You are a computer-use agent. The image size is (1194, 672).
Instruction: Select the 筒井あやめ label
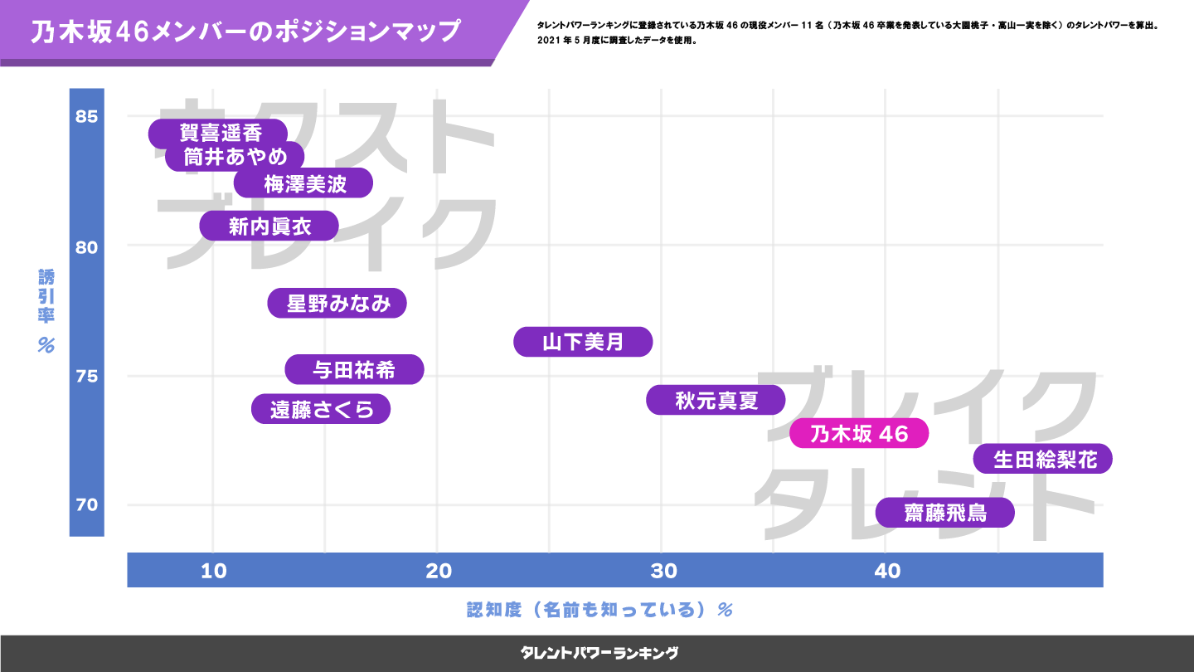(x=235, y=156)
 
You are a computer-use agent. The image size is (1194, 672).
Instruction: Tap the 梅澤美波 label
(x=303, y=183)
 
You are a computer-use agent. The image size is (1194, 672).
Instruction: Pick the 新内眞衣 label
(x=269, y=226)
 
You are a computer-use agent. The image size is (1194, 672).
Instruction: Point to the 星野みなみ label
(x=337, y=304)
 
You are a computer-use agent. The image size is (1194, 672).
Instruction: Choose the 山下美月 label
(x=583, y=342)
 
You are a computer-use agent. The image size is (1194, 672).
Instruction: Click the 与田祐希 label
(x=354, y=370)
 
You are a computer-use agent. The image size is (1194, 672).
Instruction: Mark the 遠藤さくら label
(x=321, y=409)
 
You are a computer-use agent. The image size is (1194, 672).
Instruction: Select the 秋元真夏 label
(x=716, y=401)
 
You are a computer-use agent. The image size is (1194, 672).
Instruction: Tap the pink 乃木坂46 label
(x=858, y=433)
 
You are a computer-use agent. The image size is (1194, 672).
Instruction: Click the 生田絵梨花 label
(x=1042, y=459)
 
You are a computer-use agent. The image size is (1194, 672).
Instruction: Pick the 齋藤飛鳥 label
(x=944, y=513)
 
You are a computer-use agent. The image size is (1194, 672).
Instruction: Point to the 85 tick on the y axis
(x=86, y=116)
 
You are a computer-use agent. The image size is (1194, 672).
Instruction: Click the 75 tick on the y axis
(x=86, y=377)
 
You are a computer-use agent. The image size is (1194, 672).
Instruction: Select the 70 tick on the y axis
(x=86, y=505)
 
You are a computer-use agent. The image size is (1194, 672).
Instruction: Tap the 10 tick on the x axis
(x=214, y=571)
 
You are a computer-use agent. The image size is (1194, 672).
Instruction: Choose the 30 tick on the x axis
(x=663, y=571)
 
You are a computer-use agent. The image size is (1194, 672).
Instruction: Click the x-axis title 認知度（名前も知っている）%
(x=599, y=611)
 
